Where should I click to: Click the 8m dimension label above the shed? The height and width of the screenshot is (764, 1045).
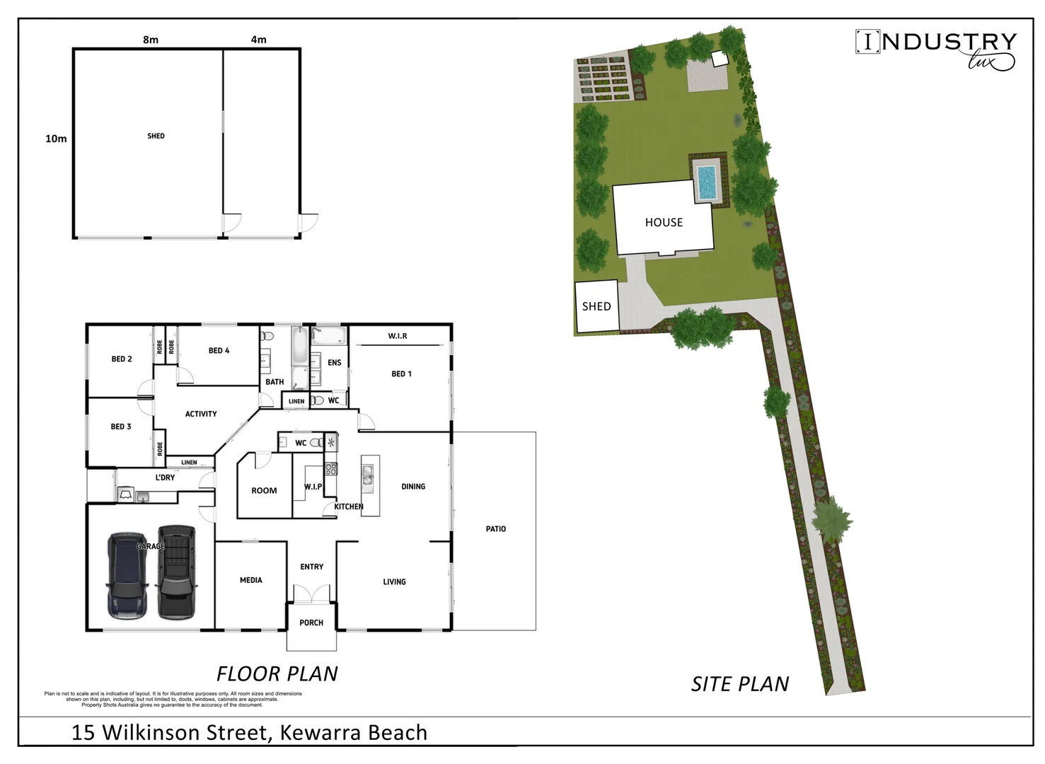point(151,40)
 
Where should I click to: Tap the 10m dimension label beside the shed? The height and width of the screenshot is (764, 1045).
point(56,139)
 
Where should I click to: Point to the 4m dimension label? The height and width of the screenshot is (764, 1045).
point(259,40)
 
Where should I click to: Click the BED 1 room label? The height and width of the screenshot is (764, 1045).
point(401,374)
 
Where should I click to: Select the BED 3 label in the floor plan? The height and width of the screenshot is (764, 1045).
point(121,427)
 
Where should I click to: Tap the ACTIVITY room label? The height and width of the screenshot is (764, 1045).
point(201,414)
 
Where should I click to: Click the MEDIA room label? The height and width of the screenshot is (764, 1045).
point(251,580)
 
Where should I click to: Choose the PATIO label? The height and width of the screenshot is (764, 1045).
point(496,529)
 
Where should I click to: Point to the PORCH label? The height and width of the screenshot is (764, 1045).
point(311,623)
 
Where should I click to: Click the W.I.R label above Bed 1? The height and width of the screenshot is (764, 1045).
point(398,336)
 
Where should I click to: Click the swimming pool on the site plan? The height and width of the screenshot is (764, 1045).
point(706,182)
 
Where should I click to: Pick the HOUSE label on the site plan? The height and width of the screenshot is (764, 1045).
point(664,222)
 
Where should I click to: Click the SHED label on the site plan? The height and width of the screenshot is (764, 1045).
point(596,306)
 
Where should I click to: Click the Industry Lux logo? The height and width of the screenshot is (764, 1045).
point(935,50)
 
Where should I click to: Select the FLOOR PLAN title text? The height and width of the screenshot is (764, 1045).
point(277,673)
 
